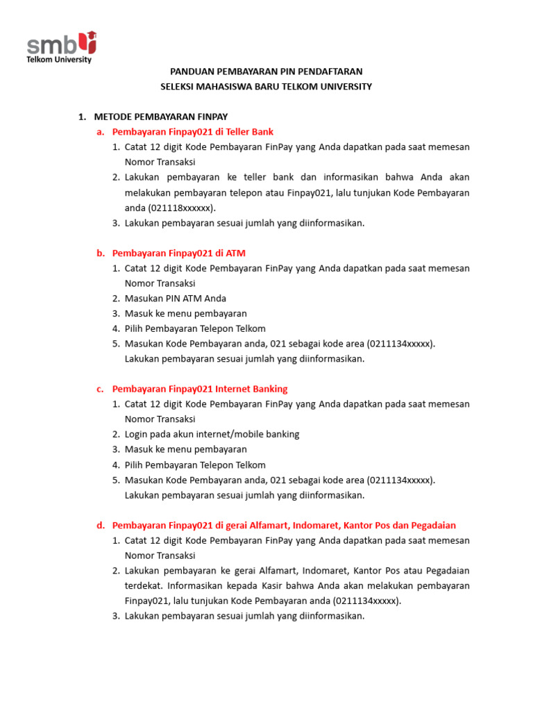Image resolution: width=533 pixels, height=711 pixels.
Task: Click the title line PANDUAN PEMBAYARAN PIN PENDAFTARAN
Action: (x=266, y=72)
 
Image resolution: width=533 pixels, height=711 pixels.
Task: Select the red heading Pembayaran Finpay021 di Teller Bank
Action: (x=192, y=132)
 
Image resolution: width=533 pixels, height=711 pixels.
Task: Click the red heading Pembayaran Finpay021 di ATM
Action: (x=178, y=253)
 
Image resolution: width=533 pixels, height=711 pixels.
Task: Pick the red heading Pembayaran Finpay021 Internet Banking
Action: (x=199, y=389)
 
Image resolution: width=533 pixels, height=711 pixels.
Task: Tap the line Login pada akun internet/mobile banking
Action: (x=212, y=434)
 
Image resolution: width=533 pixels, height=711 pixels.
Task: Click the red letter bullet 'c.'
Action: (x=101, y=389)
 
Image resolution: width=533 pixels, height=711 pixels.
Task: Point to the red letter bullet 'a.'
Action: (x=101, y=132)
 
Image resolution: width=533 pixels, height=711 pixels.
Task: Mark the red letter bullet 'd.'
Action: (x=101, y=526)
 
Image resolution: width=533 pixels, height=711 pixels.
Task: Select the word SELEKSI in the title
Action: (x=178, y=87)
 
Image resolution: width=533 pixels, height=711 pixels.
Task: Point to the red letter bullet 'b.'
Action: (x=101, y=253)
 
